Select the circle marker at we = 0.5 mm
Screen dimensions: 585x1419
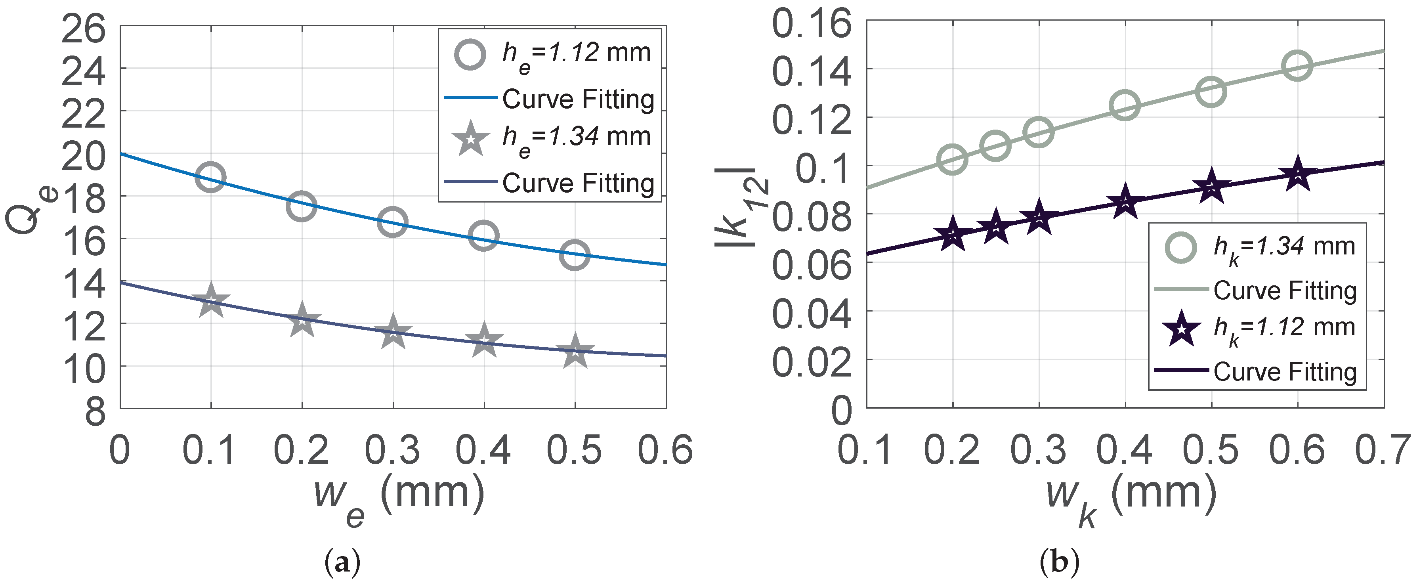point(575,254)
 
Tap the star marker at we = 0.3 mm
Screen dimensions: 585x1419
point(393,332)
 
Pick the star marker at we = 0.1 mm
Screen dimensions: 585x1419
point(210,301)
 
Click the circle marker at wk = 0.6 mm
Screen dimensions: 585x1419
point(1297,65)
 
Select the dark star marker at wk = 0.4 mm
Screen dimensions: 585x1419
point(1125,202)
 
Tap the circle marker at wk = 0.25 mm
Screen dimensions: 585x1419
point(995,146)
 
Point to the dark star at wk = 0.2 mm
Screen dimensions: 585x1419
point(953,235)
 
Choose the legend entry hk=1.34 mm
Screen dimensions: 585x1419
point(1283,248)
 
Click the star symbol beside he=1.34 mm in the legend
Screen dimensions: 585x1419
point(470,139)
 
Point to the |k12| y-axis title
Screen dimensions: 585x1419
point(741,206)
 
